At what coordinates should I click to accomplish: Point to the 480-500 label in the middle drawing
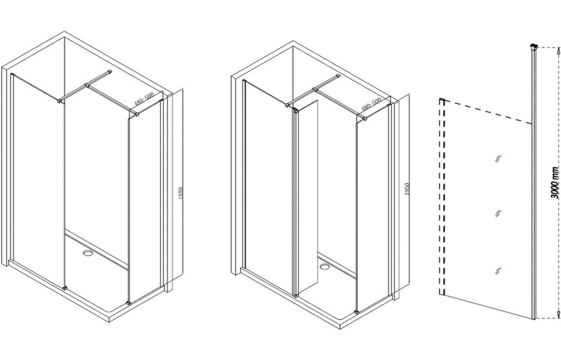tap(371, 105)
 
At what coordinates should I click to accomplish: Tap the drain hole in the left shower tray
tap(88, 250)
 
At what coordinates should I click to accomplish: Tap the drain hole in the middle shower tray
tap(325, 265)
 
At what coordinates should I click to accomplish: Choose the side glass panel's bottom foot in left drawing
tap(129, 302)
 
